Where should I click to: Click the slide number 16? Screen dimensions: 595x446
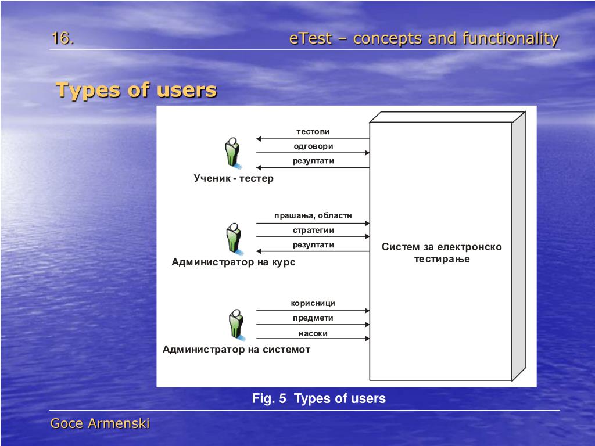click(x=62, y=38)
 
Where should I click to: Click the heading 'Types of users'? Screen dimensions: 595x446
click(x=136, y=91)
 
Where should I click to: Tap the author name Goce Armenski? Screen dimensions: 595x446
click(x=100, y=424)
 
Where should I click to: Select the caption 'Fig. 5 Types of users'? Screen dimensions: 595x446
click(x=318, y=399)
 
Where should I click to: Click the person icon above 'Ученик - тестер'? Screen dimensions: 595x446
click(x=232, y=152)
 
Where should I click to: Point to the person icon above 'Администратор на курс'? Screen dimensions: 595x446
click(x=234, y=238)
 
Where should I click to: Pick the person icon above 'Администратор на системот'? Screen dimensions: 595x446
click(x=235, y=324)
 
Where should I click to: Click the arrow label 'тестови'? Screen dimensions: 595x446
click(x=313, y=132)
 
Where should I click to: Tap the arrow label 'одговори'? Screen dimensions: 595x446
click(x=313, y=146)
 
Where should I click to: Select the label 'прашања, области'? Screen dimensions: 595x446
click(x=313, y=215)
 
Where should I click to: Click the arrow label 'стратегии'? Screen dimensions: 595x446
click(x=313, y=230)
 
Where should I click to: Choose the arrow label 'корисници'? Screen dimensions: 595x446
click(x=313, y=303)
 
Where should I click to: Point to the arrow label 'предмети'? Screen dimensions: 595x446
click(x=313, y=318)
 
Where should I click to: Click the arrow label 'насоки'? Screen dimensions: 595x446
click(x=313, y=333)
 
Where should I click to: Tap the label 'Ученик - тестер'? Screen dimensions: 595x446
click(x=234, y=178)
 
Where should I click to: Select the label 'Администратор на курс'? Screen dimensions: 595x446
click(x=234, y=262)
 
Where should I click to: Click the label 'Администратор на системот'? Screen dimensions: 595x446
click(x=236, y=350)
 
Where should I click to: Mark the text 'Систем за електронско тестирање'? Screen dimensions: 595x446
click(x=442, y=253)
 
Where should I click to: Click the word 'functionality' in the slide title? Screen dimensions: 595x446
click(x=511, y=39)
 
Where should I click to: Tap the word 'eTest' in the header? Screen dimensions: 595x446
click(x=310, y=39)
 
